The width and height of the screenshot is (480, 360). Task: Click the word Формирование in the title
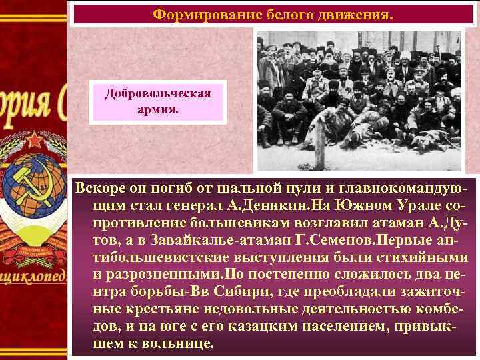pyautogui.click(x=193, y=13)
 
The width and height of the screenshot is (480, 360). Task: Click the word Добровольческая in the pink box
pyautogui.click(x=158, y=93)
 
